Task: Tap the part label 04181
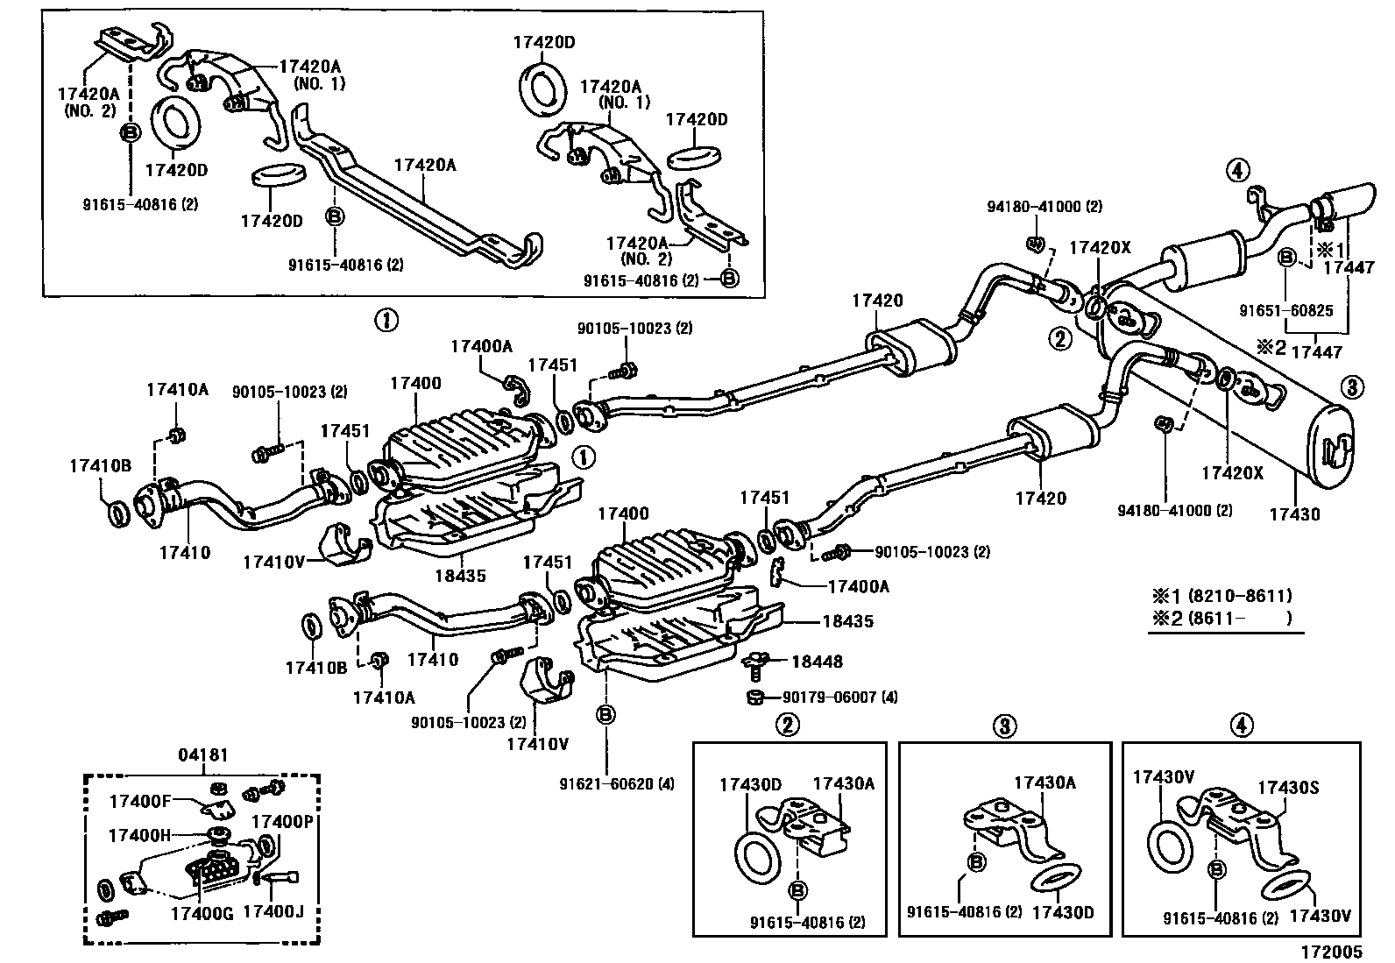tap(203, 755)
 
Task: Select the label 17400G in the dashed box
tap(202, 913)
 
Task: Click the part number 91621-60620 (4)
tap(617, 783)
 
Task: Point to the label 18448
tap(817, 662)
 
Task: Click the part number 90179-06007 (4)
tap(840, 697)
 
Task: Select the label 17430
tap(1295, 513)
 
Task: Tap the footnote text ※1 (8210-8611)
tap(1222, 596)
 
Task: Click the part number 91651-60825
tap(1286, 310)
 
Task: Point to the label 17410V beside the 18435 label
tap(273, 562)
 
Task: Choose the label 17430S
tap(1288, 788)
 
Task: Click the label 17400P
tap(282, 822)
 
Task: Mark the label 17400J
tap(273, 912)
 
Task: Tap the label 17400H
tap(139, 835)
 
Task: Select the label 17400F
tap(140, 801)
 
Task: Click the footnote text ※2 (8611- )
tap(1222, 618)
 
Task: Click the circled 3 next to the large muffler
tap(1352, 388)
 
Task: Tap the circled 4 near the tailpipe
tap(1237, 169)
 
